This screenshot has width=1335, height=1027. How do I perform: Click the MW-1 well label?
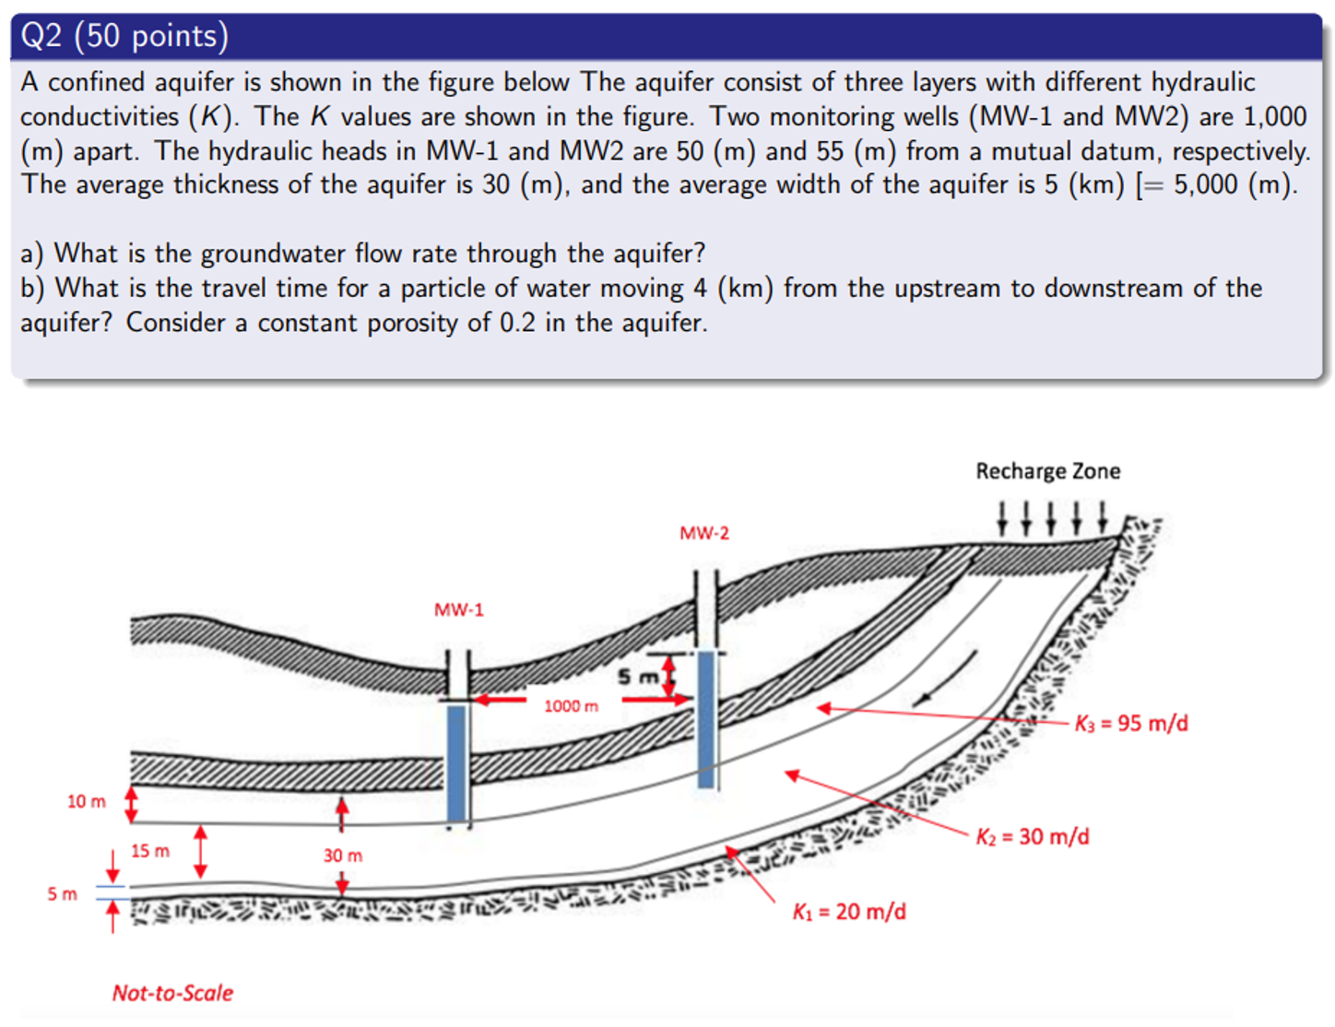[458, 609]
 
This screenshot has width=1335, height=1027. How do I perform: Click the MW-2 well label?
[703, 533]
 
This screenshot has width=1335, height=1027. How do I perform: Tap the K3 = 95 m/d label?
[1130, 723]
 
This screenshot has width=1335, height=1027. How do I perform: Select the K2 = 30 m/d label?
[1032, 836]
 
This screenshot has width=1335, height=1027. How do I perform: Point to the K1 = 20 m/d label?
[848, 912]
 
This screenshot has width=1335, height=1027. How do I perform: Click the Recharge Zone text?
[1047, 471]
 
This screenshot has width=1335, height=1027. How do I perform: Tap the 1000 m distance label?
[570, 706]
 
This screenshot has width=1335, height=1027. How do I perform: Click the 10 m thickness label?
[86, 801]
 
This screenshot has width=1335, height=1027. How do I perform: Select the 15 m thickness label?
[149, 851]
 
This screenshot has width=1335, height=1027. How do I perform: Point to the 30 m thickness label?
[342, 856]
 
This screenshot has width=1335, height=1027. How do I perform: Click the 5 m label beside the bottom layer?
[62, 893]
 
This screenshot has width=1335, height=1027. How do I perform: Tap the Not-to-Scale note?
[172, 993]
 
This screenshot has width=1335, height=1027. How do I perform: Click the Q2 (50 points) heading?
[124, 36]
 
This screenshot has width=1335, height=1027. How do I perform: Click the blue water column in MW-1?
[456, 763]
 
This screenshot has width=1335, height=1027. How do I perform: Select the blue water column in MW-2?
[706, 719]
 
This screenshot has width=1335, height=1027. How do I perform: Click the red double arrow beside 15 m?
[200, 852]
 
